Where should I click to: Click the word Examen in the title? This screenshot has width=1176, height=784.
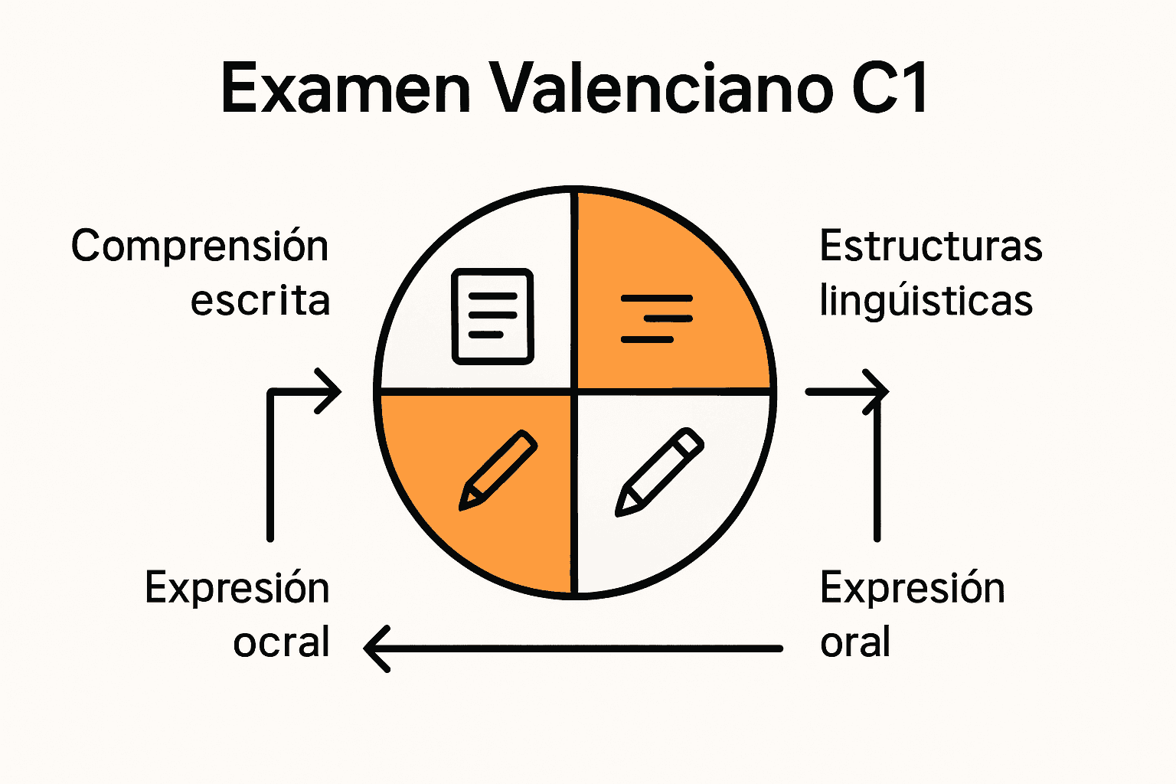point(345,89)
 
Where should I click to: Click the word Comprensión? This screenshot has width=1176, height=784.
point(200,247)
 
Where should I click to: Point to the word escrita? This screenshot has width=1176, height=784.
point(260,301)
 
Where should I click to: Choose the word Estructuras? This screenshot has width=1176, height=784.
point(930,247)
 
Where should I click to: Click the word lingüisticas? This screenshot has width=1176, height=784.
point(926,301)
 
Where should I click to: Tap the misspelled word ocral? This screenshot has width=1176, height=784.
point(281,642)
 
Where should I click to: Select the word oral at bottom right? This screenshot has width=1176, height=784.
point(854,642)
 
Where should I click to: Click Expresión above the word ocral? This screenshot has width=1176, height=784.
point(237,589)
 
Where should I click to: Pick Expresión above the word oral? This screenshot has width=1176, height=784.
point(912,589)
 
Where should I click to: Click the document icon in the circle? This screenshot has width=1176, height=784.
point(492,315)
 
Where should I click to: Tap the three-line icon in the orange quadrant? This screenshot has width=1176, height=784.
point(657,318)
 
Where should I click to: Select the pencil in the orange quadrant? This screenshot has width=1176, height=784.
point(498,470)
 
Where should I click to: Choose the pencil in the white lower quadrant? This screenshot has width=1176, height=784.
point(659,472)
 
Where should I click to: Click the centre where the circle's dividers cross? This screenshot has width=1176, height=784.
point(574,391)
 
